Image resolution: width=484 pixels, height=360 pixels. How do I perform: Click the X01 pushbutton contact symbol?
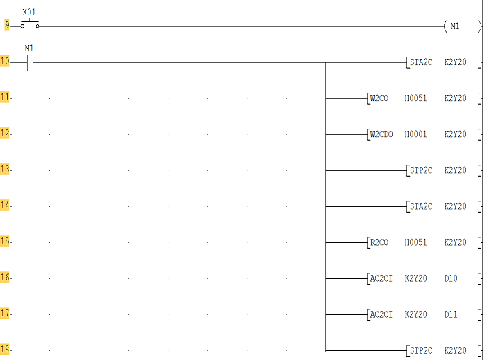point(30,25)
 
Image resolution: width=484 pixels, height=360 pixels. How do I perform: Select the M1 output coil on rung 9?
point(462,26)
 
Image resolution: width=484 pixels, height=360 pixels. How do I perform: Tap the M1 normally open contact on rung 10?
point(30,62)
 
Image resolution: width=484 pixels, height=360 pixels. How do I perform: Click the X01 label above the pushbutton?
point(29,12)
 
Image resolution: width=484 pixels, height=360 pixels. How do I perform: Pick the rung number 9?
point(6,25)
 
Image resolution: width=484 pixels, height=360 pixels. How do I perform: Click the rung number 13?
point(5,170)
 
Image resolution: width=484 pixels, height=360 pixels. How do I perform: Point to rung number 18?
point(5,350)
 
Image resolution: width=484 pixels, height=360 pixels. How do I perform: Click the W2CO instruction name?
point(379,98)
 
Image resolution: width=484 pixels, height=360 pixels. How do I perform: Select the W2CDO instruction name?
point(382,134)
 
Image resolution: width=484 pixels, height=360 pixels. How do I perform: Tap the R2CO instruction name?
point(379,242)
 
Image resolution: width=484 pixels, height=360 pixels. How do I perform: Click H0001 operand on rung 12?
point(415,134)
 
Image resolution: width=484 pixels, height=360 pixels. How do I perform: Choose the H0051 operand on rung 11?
point(415,98)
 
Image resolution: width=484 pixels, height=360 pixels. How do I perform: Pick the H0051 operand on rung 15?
point(415,242)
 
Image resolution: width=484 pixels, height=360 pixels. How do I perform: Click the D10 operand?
point(451,278)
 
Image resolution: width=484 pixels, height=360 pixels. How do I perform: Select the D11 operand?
point(451,314)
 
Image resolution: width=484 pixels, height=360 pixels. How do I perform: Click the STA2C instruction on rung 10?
point(421,62)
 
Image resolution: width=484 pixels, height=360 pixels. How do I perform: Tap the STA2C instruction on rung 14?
point(421,206)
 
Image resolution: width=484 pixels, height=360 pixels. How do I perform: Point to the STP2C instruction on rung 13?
point(421,170)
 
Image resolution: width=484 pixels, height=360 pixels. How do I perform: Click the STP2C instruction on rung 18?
point(421,350)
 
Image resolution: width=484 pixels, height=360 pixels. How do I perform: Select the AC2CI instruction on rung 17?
point(382,314)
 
